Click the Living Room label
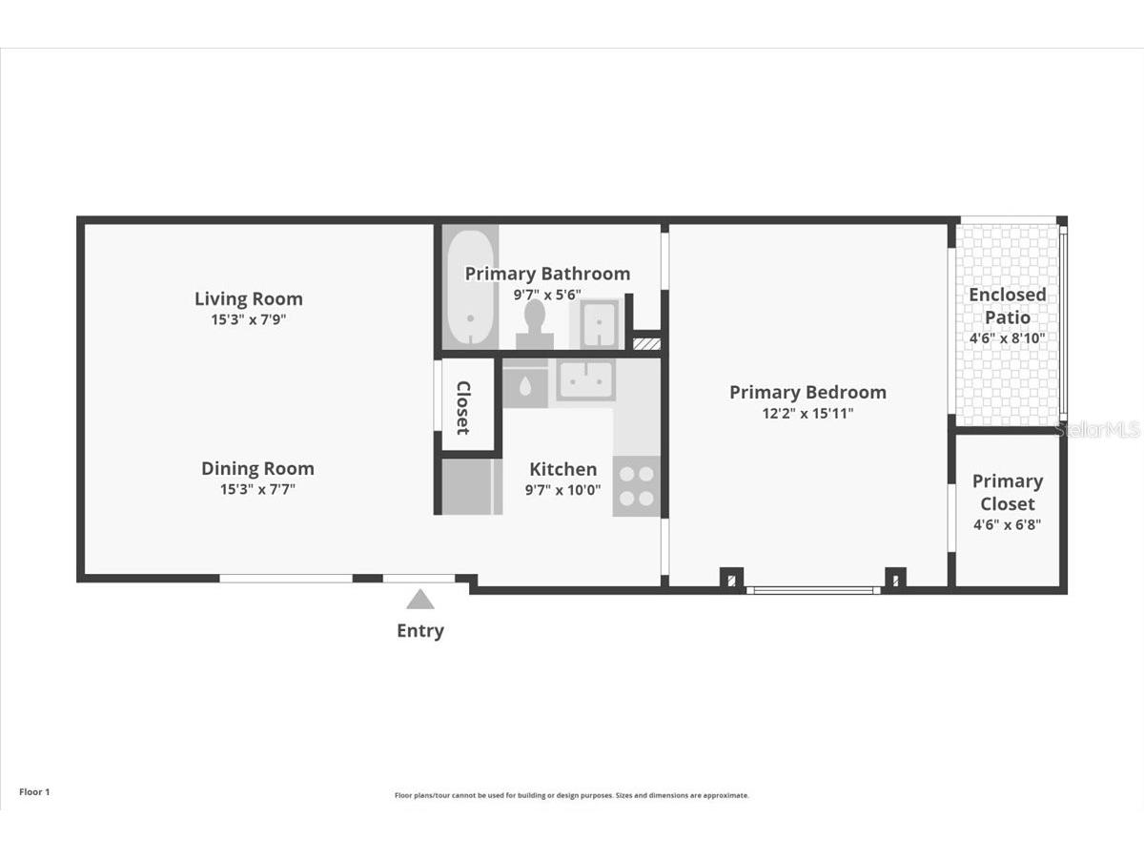(x=249, y=298)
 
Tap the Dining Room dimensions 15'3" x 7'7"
(x=257, y=490)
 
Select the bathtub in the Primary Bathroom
(x=469, y=287)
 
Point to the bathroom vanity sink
(x=598, y=324)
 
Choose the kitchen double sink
(x=586, y=379)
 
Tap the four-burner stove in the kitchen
(x=636, y=485)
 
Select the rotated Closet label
(x=463, y=407)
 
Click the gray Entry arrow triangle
(x=419, y=600)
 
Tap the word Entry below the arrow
(x=420, y=630)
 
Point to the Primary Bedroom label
(x=807, y=392)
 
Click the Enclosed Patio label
(x=1007, y=305)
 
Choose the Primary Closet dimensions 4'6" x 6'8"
(x=1008, y=525)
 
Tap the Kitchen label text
(x=563, y=469)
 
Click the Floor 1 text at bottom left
(x=34, y=791)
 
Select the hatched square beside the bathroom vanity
(x=646, y=341)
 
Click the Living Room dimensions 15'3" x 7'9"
(x=249, y=320)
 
